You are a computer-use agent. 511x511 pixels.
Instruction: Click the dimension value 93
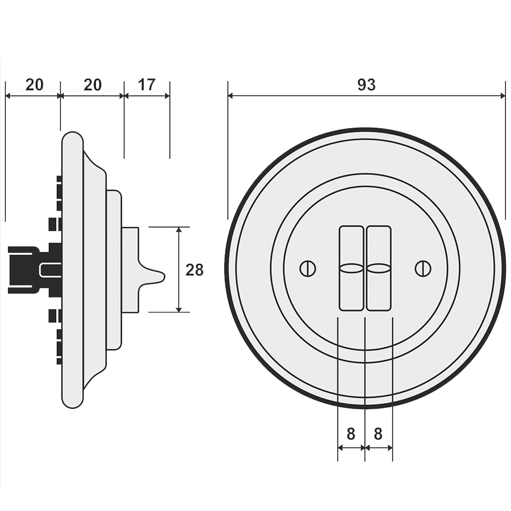366,85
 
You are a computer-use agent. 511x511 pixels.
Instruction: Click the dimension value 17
146,85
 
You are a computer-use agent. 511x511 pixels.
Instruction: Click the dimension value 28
194,270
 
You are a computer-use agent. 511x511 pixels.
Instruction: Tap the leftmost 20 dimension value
34,85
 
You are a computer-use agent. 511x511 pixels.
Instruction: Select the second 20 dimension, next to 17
93,85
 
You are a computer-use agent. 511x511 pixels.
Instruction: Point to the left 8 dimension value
351,434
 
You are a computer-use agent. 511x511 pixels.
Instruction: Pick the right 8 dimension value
378,434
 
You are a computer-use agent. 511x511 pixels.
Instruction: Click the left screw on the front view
308,269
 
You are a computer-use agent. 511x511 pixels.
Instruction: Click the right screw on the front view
423,269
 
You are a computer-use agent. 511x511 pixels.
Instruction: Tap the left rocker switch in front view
351,268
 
